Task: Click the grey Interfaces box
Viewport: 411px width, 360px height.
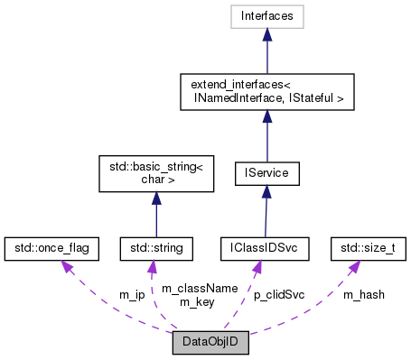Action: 266,15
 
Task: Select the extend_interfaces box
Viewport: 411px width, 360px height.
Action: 266,90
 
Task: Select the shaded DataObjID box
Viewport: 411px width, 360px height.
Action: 210,343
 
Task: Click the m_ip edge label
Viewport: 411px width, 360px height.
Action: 132,295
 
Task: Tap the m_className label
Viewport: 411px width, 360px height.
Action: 200,288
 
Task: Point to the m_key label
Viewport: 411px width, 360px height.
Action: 196,301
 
